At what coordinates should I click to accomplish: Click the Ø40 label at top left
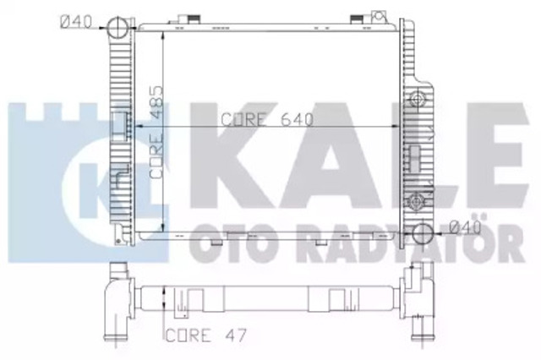tap(76, 22)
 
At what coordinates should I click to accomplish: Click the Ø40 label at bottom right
tap(466, 227)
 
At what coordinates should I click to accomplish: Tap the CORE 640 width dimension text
tap(267, 120)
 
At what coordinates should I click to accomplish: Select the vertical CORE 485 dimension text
tap(156, 132)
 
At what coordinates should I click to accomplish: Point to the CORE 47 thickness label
tap(206, 335)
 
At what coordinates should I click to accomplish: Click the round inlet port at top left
tap(117, 29)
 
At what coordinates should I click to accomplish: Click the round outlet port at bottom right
tap(423, 233)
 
